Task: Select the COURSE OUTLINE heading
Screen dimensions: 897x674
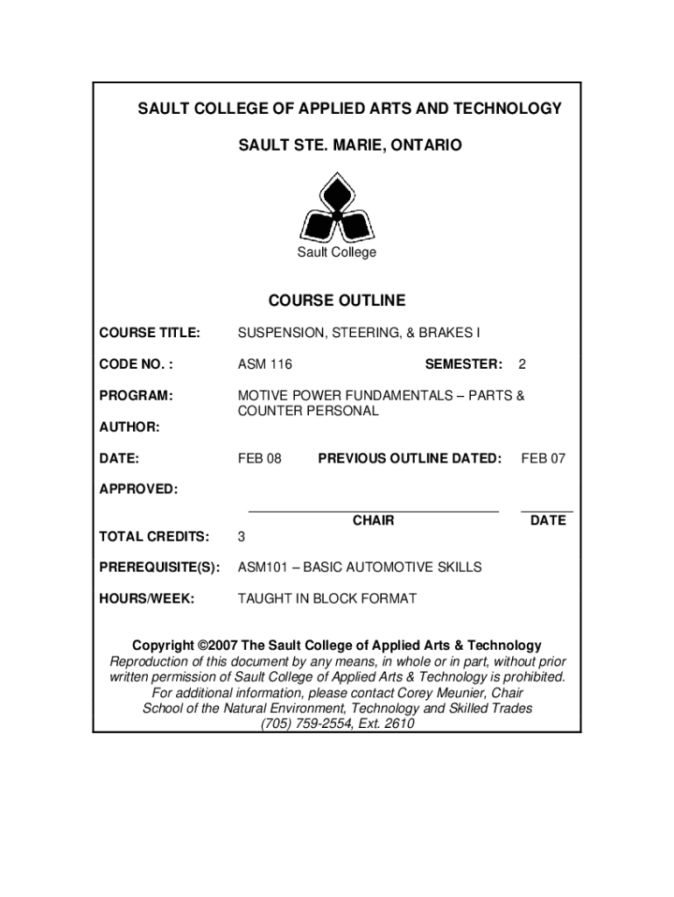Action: point(336,300)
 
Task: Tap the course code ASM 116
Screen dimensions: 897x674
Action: point(264,364)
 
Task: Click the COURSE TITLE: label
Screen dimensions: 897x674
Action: point(150,333)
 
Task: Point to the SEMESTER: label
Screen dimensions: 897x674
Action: point(463,364)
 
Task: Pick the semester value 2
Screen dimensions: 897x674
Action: point(523,364)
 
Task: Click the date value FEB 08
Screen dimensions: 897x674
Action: point(260,457)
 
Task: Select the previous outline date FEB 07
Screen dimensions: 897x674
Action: point(543,457)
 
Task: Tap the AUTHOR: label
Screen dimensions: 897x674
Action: point(130,427)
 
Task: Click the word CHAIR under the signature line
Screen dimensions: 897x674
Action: point(373,520)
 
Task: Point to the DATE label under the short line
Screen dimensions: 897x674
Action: point(548,520)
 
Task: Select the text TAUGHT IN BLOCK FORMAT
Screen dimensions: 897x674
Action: point(327,599)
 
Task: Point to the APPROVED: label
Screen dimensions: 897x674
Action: point(138,489)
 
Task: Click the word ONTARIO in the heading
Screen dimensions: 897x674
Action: point(423,144)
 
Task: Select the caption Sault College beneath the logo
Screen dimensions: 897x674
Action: point(336,252)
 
